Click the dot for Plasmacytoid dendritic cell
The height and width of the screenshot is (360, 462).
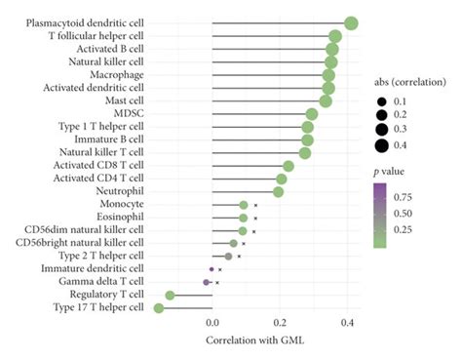351,23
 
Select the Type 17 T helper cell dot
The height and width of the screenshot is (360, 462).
159,308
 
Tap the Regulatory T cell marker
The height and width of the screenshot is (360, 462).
170,295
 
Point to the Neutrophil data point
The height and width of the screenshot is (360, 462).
279,191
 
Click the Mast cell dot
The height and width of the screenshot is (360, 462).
326,100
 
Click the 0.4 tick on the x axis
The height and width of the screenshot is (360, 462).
348,322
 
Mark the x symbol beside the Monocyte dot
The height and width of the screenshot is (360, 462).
255,205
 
